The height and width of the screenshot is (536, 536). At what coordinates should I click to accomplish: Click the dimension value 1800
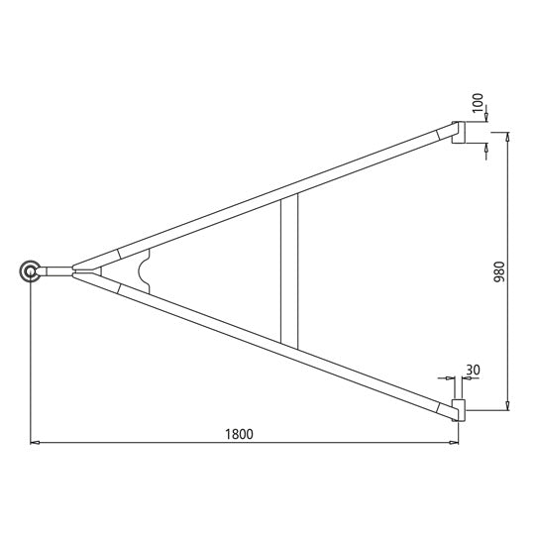click(239, 433)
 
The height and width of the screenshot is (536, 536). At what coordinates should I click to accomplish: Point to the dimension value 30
click(472, 370)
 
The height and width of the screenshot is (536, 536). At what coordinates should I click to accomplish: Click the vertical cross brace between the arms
click(288, 268)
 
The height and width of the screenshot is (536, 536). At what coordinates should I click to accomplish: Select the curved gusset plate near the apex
click(145, 271)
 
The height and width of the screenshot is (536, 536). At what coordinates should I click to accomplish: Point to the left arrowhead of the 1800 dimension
click(35, 443)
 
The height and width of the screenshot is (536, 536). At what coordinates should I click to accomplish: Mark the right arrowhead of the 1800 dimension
click(454, 443)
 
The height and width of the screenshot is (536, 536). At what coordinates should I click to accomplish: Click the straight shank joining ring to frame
click(57, 270)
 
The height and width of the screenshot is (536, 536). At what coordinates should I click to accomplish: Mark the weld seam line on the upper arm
click(119, 255)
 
